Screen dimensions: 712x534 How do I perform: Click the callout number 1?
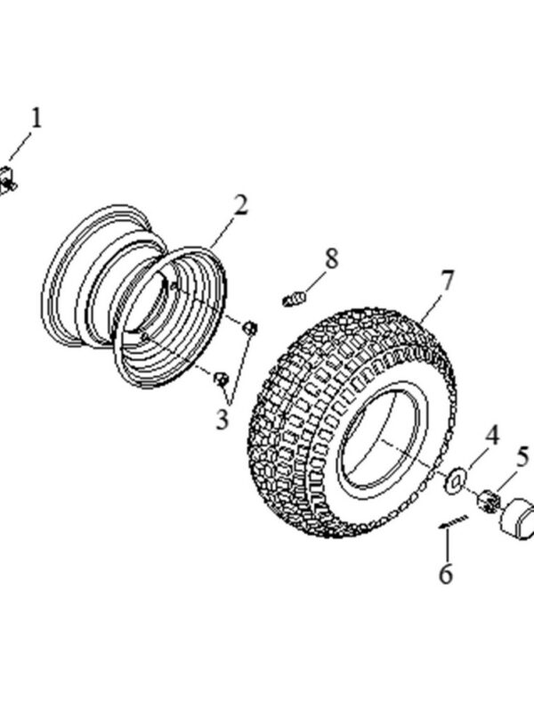click(x=36, y=117)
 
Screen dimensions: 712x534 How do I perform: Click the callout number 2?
click(x=239, y=206)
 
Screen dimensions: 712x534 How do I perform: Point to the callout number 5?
click(x=522, y=458)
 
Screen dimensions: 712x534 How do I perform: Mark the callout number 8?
click(x=331, y=259)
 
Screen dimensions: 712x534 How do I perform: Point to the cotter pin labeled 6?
click(x=453, y=522)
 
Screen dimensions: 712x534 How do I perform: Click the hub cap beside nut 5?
click(x=518, y=521)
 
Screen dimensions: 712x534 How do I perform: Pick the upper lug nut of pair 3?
click(x=250, y=328)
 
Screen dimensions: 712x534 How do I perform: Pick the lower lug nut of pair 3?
click(x=220, y=380)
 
